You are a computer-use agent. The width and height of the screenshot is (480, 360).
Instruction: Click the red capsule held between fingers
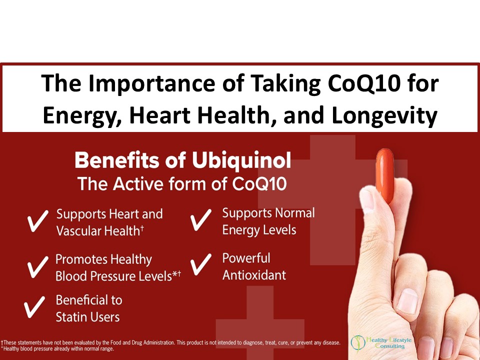[x=385, y=175]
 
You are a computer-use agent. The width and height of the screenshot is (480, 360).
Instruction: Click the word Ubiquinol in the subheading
[x=241, y=160]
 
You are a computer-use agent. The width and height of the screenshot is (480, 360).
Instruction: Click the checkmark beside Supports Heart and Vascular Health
[x=37, y=221]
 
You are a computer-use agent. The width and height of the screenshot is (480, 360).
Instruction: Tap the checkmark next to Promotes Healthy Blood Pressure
[x=37, y=267]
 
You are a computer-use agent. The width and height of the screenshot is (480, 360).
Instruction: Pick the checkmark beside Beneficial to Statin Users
[x=34, y=306]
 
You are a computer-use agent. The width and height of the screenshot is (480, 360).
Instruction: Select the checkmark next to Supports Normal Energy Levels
[x=201, y=220]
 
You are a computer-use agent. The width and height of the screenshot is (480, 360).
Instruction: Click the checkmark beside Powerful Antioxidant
[x=201, y=264]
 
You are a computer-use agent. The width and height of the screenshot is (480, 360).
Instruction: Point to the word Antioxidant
[x=254, y=275]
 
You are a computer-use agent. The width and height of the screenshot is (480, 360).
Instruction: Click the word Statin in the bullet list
[x=71, y=317]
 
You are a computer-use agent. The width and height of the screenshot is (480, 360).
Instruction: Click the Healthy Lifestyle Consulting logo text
[x=389, y=343]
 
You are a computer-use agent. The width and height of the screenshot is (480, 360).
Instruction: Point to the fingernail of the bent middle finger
[x=407, y=300]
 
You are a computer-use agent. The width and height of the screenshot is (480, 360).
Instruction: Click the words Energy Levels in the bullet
[x=259, y=230]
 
